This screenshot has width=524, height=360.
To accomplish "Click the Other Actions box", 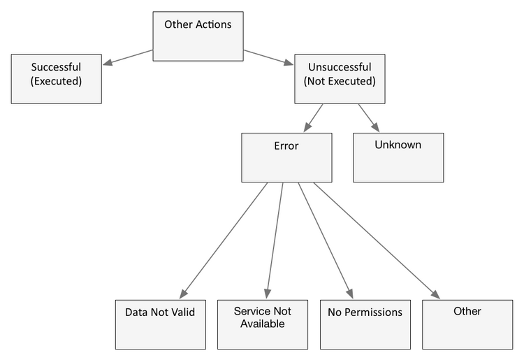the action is [198, 36].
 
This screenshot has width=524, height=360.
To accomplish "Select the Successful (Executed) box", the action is [57, 79].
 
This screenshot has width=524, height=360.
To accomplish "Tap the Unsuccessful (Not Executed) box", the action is [340, 79].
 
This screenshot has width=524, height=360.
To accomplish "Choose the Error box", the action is [286, 158].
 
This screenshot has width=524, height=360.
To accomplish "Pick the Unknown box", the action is [398, 158].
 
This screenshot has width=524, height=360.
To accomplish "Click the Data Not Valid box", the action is [161, 324].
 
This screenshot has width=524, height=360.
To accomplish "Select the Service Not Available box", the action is [263, 324].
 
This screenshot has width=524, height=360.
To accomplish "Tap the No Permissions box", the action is [365, 324].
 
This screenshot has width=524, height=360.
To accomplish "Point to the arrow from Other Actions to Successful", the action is [128, 57].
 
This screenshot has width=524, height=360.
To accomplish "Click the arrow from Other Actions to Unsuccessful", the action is [268, 57].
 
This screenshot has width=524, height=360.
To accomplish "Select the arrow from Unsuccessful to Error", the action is [313, 118].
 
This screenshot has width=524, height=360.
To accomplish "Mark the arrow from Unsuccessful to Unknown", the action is [369, 118].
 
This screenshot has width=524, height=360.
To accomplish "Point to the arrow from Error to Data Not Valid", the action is [224, 240].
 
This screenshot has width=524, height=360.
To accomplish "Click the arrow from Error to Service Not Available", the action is [275, 240].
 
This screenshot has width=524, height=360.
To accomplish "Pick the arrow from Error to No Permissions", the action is [326, 240].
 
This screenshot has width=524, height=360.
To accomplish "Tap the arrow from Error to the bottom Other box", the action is [377, 240].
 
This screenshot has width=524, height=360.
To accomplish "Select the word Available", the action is [263, 324].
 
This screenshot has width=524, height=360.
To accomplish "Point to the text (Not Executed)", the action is [340, 81].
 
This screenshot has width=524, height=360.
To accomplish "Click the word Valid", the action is [183, 312].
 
